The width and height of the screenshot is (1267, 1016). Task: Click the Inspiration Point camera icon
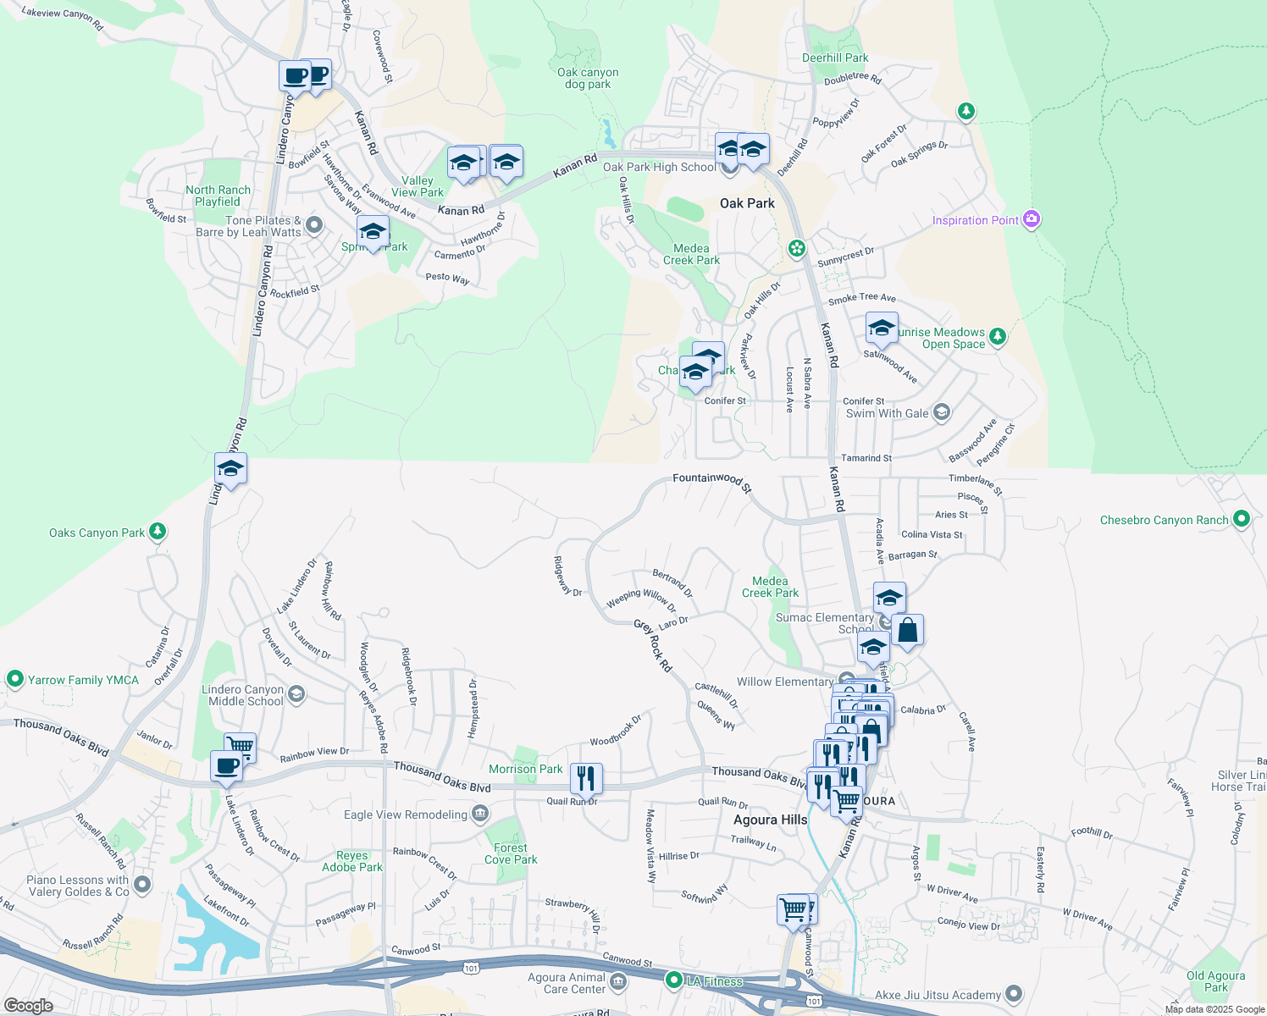tap(1031, 219)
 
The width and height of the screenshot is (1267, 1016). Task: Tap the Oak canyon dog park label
tap(588, 79)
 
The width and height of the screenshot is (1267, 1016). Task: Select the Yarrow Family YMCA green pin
tap(14, 679)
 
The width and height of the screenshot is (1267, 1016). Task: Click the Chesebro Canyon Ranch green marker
tap(1241, 519)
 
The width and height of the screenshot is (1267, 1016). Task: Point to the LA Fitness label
tap(714, 981)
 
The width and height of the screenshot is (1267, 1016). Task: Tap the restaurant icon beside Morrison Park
tap(586, 777)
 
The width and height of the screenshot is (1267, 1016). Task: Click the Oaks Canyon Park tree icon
tap(157, 532)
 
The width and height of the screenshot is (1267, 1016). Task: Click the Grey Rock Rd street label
tap(653, 645)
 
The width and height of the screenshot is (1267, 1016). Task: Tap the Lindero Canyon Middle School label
tap(242, 695)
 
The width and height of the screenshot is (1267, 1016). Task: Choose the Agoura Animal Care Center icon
tap(618, 982)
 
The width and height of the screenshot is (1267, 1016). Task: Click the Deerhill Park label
tap(835, 58)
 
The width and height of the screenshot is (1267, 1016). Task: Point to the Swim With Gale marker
tap(942, 413)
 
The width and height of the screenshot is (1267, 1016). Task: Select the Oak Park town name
tap(747, 203)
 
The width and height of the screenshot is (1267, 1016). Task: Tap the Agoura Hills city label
tap(770, 820)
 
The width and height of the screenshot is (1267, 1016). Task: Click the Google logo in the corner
tap(29, 1005)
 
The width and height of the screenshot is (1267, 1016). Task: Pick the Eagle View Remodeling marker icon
tap(480, 814)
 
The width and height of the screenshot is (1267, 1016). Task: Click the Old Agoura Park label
tap(1215, 981)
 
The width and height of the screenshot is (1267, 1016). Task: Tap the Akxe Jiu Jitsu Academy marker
tap(1014, 995)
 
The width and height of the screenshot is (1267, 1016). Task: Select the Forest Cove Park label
tap(511, 853)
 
